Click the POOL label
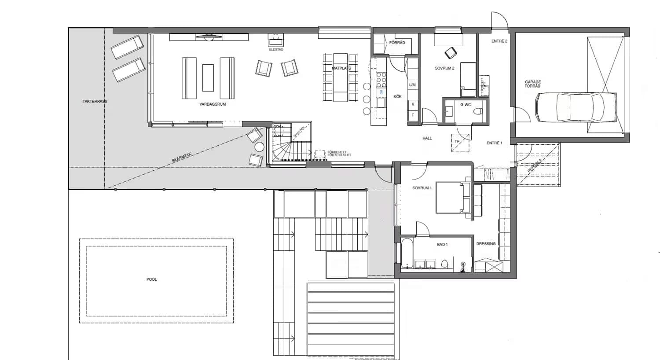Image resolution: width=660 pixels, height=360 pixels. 151,279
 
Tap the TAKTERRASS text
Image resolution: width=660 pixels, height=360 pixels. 95,101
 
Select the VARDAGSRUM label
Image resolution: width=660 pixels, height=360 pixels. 213,104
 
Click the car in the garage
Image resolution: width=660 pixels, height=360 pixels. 576,107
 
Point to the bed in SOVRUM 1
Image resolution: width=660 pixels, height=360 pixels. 453,197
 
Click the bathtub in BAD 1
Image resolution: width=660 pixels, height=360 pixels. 407,253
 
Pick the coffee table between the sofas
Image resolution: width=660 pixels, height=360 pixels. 208,77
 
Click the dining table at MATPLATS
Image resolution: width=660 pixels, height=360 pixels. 340,77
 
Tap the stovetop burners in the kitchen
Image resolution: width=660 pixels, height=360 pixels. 381,80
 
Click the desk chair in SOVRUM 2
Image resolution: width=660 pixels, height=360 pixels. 450,53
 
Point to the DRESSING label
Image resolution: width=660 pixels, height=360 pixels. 486,244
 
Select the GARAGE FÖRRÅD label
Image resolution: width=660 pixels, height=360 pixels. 532,84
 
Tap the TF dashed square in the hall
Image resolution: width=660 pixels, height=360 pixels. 460,143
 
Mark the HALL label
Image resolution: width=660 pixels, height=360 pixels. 427,138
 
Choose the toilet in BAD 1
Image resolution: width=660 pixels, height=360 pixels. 444,264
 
